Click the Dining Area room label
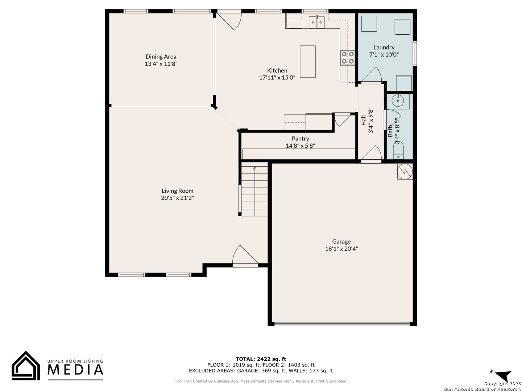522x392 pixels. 161,57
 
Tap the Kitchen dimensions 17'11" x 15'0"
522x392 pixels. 277,78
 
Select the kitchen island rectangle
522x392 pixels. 307,62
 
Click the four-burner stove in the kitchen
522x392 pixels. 347,58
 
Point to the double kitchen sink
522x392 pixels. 316,22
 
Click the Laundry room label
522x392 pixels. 384,47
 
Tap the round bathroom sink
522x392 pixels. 398,101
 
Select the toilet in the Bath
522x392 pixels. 398,150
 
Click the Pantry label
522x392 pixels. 301,139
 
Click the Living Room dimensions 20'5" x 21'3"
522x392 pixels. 177,198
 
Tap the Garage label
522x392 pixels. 341,242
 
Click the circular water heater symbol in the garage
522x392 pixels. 405,171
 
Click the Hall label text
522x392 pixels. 364,121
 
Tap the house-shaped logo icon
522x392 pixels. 26,366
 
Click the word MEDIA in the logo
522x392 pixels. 75,370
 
